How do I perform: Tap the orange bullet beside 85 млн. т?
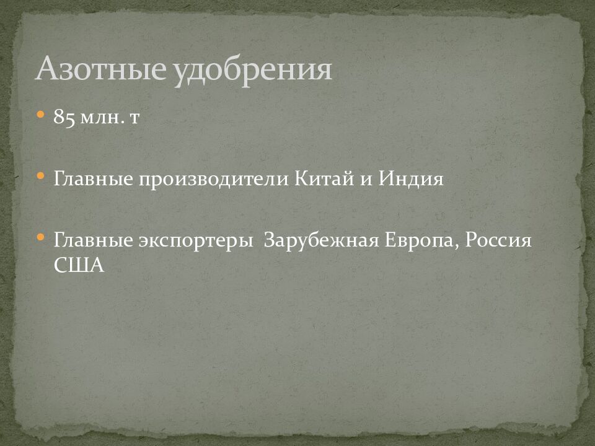tap(41, 115)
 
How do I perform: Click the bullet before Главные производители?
tap(41, 176)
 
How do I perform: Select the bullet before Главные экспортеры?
tap(41, 237)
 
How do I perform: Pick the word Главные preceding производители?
tap(92, 179)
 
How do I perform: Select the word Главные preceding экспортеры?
tap(92, 240)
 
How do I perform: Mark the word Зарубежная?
tap(321, 241)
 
